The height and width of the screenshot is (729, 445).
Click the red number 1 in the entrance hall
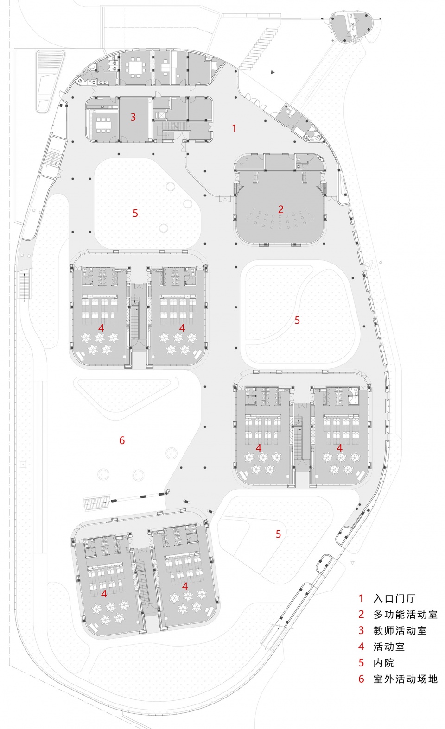[234, 128]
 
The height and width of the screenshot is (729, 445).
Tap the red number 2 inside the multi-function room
[280, 209]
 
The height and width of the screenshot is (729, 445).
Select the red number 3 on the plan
[133, 117]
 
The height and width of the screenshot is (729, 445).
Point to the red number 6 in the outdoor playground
[122, 440]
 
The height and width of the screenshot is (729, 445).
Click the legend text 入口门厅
[394, 598]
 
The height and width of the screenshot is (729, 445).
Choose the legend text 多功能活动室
[405, 615]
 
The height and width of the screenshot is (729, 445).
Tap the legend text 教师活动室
[400, 630]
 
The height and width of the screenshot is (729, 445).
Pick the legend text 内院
[384, 663]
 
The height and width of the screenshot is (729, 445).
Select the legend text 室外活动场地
[405, 679]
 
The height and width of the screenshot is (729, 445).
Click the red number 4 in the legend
[361, 647]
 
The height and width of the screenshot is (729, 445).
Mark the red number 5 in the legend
[361, 663]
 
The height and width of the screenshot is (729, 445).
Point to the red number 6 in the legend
[361, 679]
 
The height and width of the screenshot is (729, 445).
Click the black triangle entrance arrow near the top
[273, 72]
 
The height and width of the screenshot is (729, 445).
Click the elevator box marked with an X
[160, 115]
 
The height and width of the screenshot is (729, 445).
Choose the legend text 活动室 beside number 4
[389, 647]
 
